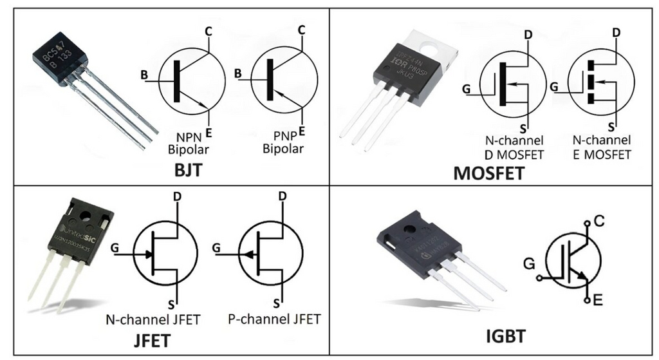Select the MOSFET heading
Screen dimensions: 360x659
[488, 173]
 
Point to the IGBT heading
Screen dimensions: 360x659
[505, 336]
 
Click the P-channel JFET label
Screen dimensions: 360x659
[274, 319]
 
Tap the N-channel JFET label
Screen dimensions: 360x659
[153, 319]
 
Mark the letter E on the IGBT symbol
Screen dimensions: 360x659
[599, 301]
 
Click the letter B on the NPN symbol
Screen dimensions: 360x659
[145, 75]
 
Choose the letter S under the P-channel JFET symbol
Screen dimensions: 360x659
[276, 303]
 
